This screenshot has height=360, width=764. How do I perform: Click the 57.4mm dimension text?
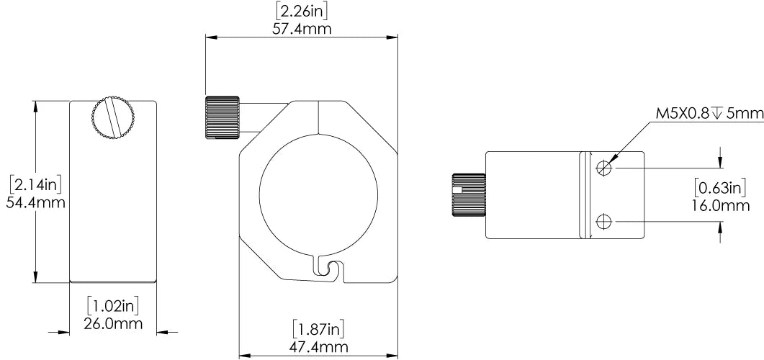click(302, 29)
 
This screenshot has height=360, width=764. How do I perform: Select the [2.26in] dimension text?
click(302, 12)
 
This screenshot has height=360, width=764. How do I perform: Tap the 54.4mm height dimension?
click(36, 202)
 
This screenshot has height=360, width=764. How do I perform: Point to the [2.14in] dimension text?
click(36, 185)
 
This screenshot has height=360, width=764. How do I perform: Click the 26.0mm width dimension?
click(113, 323)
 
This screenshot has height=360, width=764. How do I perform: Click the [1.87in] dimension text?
click(318, 329)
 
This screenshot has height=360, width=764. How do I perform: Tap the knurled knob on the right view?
click(468, 195)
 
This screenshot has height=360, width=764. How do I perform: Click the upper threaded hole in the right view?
click(606, 168)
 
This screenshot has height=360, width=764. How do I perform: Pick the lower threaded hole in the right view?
click(606, 222)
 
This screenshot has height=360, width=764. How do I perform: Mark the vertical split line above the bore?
click(318, 117)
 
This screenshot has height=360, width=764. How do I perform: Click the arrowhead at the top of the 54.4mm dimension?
click(34, 105)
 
